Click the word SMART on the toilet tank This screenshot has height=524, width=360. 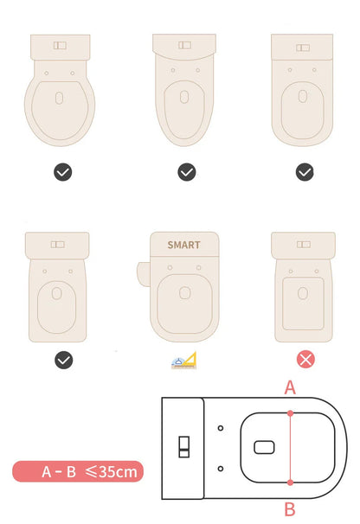(183, 245)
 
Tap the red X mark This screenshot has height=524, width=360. (305, 359)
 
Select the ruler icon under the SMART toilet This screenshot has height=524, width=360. (183, 360)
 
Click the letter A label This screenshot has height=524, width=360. (290, 388)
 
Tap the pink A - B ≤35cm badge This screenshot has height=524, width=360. (78, 471)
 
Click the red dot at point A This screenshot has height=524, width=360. (290, 412)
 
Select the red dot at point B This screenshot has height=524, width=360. (290, 482)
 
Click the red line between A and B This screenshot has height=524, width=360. (290, 447)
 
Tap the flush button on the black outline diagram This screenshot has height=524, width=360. (183, 447)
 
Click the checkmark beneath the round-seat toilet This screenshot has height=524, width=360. (62, 172)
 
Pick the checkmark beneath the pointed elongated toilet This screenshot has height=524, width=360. (187, 172)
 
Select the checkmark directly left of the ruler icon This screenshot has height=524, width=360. (62, 359)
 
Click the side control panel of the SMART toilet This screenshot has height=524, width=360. (142, 272)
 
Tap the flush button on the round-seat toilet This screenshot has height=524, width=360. (60, 44)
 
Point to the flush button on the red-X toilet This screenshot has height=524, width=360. (303, 244)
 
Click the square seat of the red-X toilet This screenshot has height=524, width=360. (304, 303)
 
